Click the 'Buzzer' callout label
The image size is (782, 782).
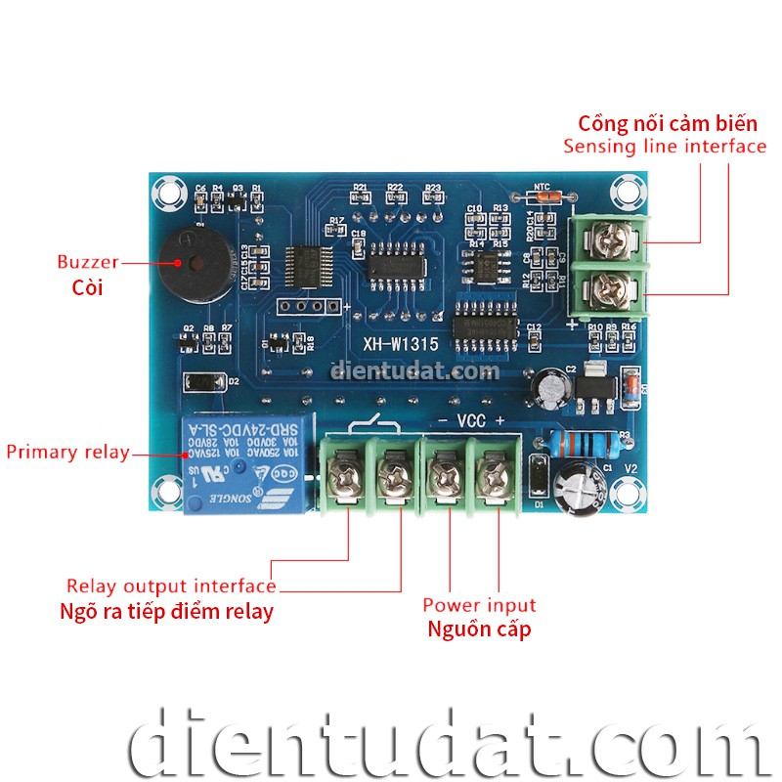87,262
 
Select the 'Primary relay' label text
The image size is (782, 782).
67,452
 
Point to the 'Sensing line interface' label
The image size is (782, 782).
665,147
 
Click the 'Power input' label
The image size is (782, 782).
479,605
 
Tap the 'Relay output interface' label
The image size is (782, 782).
171,586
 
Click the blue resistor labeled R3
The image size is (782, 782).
583,443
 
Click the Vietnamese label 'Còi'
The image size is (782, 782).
87,287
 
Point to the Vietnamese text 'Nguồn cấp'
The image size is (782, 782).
479,629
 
